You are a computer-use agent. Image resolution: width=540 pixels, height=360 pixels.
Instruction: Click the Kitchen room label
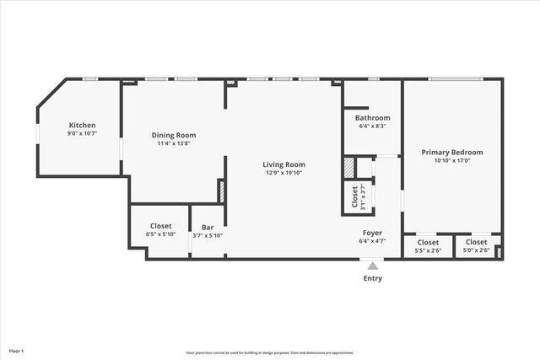pos(82,125)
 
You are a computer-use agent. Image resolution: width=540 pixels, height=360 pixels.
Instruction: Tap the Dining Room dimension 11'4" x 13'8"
pos(174,143)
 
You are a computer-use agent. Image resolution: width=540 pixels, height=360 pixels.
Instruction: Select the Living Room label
pos(283,164)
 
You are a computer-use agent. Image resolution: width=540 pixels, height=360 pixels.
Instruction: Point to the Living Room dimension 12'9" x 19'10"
pos(283,173)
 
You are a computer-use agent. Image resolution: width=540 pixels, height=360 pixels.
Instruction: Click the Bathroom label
pos(372,117)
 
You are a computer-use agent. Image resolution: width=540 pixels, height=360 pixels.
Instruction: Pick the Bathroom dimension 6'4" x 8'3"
pos(372,126)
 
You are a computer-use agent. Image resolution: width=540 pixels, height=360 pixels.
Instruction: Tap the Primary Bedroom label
pos(452,152)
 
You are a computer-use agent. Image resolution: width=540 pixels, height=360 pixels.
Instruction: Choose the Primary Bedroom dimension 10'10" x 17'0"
pos(452,160)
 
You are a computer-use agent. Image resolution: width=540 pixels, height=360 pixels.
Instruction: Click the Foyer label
pos(372,233)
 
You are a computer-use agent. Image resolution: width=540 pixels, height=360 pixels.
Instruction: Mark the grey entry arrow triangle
pos(372,266)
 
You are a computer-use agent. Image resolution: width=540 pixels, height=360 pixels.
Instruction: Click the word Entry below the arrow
pos(372,278)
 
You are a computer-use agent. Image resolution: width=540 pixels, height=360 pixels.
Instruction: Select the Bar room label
pos(207,227)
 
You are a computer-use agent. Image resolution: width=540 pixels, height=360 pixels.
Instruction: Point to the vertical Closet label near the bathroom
pos(354,196)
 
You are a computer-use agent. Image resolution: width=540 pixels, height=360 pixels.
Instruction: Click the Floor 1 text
pos(17,350)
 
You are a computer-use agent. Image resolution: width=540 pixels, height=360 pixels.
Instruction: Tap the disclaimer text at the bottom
pos(270,352)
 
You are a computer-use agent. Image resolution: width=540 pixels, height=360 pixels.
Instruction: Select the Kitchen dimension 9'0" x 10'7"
pos(82,133)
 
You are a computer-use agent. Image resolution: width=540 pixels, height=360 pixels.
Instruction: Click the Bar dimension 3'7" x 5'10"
pos(207,235)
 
